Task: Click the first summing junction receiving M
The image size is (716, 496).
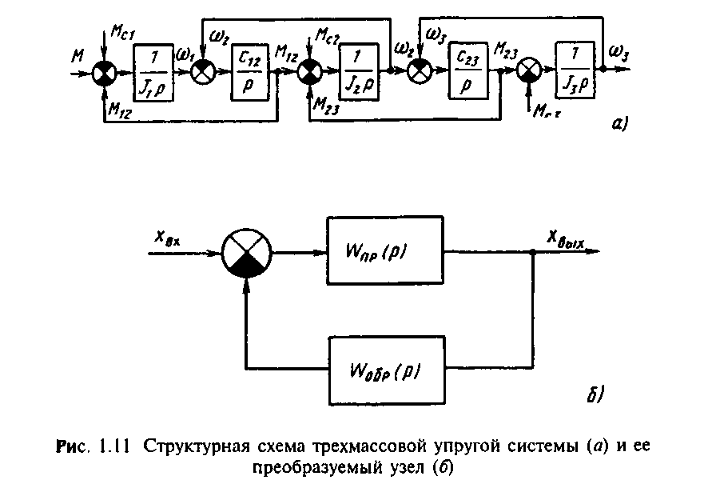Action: [103, 74]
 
